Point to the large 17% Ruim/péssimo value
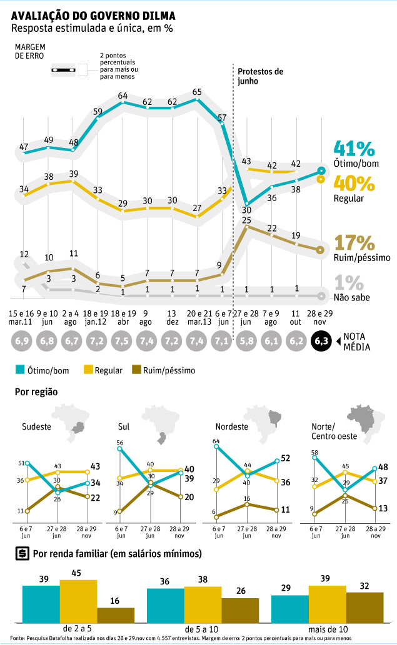coord(354,242)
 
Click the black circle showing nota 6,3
coord(322,342)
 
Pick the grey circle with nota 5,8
coord(246,342)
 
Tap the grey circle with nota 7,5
coord(123,342)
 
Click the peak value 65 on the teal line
coord(197,92)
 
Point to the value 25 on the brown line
coord(246,220)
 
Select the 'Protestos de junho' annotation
coord(261,76)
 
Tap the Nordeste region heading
coord(231,427)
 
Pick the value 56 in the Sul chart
coord(119,443)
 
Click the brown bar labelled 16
coord(116,616)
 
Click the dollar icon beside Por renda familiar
coord(21,554)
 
